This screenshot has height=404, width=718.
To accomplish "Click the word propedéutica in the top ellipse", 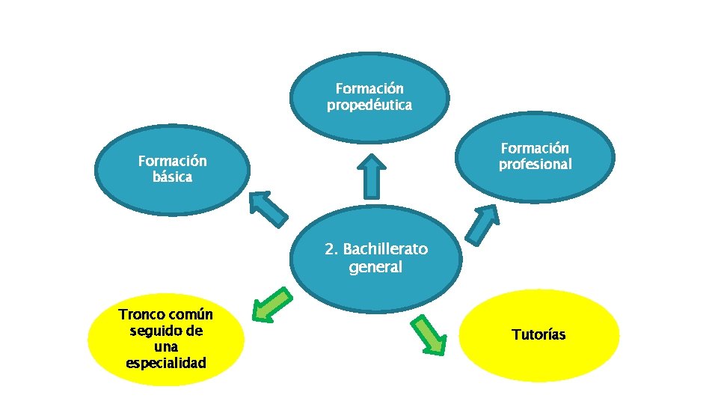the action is [369, 105].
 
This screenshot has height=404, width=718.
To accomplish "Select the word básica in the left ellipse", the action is [172, 177].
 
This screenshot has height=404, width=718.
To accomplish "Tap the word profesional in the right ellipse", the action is [535, 165].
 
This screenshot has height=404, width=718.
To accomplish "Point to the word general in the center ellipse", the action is [375, 267].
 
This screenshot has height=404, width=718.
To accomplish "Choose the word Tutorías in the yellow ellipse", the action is [538, 334].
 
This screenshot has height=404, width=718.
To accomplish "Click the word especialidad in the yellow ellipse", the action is [166, 364].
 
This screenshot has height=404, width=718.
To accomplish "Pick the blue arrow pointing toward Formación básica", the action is [268, 208].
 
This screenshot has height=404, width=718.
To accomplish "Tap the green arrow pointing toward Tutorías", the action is [429, 333].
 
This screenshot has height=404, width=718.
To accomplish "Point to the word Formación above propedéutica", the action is [369, 89].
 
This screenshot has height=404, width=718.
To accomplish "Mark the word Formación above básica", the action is [172, 161].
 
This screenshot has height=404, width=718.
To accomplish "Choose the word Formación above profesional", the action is [535, 148].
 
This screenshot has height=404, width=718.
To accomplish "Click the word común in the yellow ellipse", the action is [191, 314].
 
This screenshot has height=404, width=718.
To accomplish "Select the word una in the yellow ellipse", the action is [165, 347].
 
